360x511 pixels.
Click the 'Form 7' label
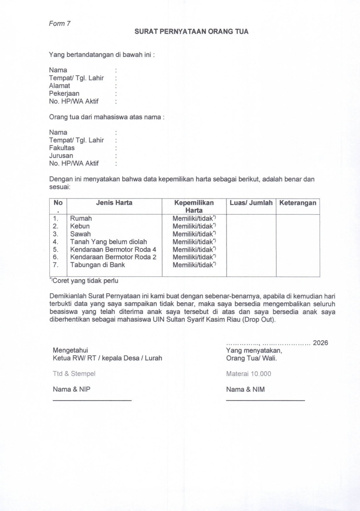pos(60,24)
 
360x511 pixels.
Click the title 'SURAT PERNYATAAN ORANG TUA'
pos(191,32)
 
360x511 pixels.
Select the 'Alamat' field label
pos(60,86)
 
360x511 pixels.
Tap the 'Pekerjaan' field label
pos(64,94)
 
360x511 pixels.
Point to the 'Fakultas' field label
pos(62,148)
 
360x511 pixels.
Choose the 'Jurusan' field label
pos(61,156)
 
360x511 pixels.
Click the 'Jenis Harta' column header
pos(114,203)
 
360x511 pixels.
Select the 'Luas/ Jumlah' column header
pos(251,203)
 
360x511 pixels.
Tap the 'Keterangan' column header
pos(298,203)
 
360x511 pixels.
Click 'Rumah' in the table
pos(81,218)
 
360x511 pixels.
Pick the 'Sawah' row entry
pos(80,234)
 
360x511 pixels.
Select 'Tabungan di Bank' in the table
pos(97,265)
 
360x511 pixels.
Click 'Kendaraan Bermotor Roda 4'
pos(113,250)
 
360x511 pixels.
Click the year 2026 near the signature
pos(320,343)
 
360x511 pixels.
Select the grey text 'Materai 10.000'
pos(249,374)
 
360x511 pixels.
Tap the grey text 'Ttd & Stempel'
pos(74,374)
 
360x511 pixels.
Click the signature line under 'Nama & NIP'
pos(92,400)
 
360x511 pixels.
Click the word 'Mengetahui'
pos(70,350)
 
